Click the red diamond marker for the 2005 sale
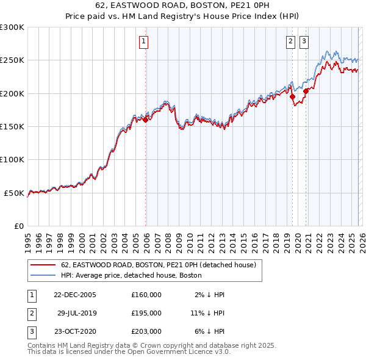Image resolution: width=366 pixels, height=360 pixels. pos(145,120)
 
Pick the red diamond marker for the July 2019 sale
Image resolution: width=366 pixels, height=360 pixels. pos(292,96)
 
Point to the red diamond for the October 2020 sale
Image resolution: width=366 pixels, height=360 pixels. pos(306,92)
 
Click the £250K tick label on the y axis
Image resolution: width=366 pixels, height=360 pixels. pos(12,60)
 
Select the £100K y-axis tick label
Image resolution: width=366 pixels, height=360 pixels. pos(12,159)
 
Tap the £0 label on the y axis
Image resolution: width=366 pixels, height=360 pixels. pos(18,226)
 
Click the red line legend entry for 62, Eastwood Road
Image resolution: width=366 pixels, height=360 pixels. pos(161,265)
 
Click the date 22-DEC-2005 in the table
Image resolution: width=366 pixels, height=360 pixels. pos(75,295)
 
